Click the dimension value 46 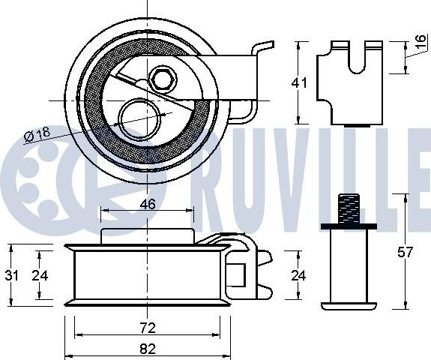[148, 204]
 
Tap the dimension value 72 [148, 328]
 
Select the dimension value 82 [148, 349]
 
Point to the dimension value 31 [11, 275]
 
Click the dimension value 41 [299, 82]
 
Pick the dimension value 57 [406, 252]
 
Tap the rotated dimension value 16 [421, 41]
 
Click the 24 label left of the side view [40, 275]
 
